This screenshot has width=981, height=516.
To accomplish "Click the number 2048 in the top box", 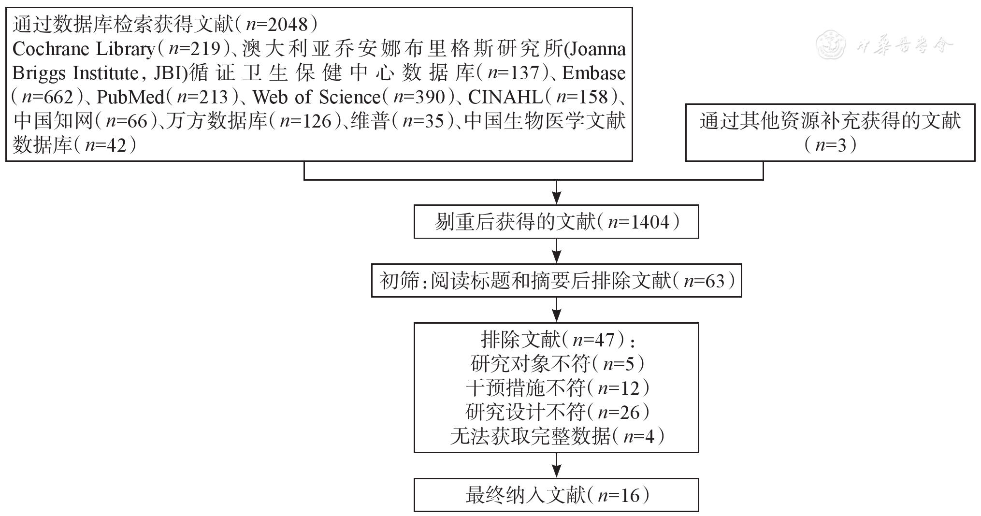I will pos(289,24).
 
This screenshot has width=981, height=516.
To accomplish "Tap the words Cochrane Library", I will pos(83,49).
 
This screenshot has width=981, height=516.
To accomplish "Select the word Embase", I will pos(594,73).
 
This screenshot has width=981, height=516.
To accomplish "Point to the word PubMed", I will pos(130,97).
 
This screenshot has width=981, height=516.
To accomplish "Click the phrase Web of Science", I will pos(317,97).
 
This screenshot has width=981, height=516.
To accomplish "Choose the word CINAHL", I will pos(505,97).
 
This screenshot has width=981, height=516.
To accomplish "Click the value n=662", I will pos(48,97).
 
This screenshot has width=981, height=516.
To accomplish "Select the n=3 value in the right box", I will pos(830,145).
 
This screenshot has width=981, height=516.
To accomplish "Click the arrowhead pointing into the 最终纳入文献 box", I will pos(557,472).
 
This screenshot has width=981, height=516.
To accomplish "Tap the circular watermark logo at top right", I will pos(831,46).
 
